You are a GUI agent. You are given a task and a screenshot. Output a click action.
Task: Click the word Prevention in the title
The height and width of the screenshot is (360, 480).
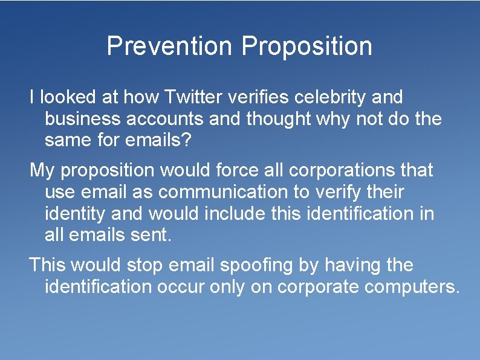coord(169,47)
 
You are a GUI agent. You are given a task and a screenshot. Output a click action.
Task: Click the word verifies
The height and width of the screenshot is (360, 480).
coord(264,97)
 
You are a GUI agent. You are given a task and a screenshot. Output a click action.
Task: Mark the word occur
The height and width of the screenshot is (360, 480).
coord(181,287)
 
